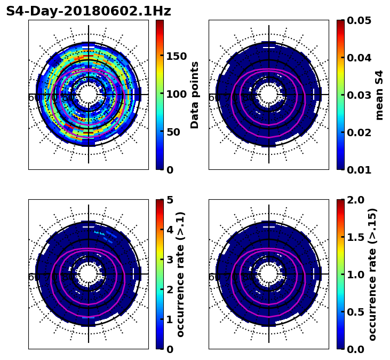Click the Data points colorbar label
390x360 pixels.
click(x=195, y=95)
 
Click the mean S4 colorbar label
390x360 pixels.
click(x=379, y=95)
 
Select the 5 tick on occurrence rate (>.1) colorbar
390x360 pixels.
click(x=170, y=200)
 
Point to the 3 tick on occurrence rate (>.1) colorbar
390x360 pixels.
click(x=170, y=260)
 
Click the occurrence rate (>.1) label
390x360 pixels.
click(x=181, y=274)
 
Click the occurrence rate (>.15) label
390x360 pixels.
click(x=372, y=274)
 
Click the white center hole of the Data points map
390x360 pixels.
click(x=89, y=95)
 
